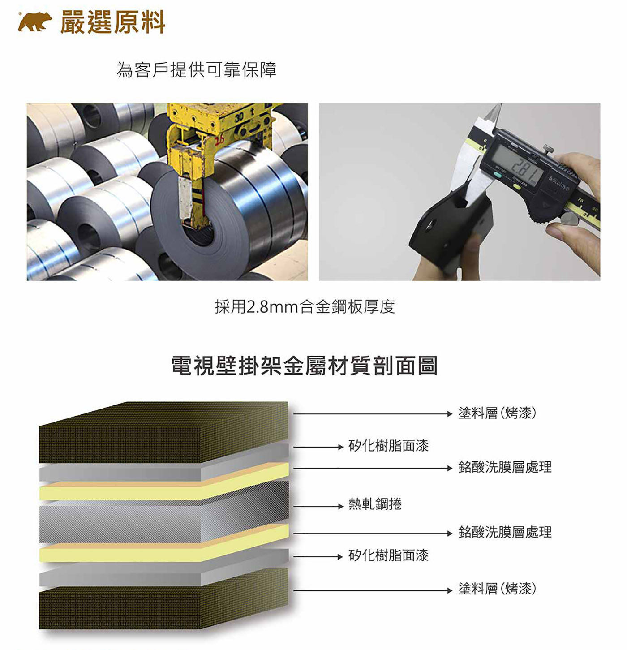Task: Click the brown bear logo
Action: [x=35, y=22]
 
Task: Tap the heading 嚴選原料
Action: [x=113, y=22]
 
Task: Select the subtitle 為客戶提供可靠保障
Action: [x=196, y=70]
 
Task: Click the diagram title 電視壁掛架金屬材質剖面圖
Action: [x=304, y=366]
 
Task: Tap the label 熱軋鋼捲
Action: [x=375, y=504]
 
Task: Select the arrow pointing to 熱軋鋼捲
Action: [x=318, y=506]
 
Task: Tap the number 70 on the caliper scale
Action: [x=580, y=200]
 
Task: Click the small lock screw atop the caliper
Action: [x=548, y=149]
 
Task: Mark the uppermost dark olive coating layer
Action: [x=163, y=432]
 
